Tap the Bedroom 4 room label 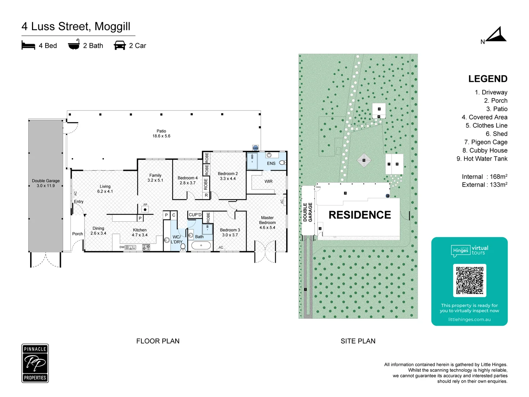187,180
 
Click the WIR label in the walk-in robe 269,182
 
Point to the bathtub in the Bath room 201,246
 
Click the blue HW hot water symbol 255,148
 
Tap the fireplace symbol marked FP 145,209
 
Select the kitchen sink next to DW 130,247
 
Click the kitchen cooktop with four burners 146,247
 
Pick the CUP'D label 195,215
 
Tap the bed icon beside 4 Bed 28,46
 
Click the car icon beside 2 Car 120,46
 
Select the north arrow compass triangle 497,35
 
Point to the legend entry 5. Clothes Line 486,126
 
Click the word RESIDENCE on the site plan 360,215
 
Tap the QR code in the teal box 469,280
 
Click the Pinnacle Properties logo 35,363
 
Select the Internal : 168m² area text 485,177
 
